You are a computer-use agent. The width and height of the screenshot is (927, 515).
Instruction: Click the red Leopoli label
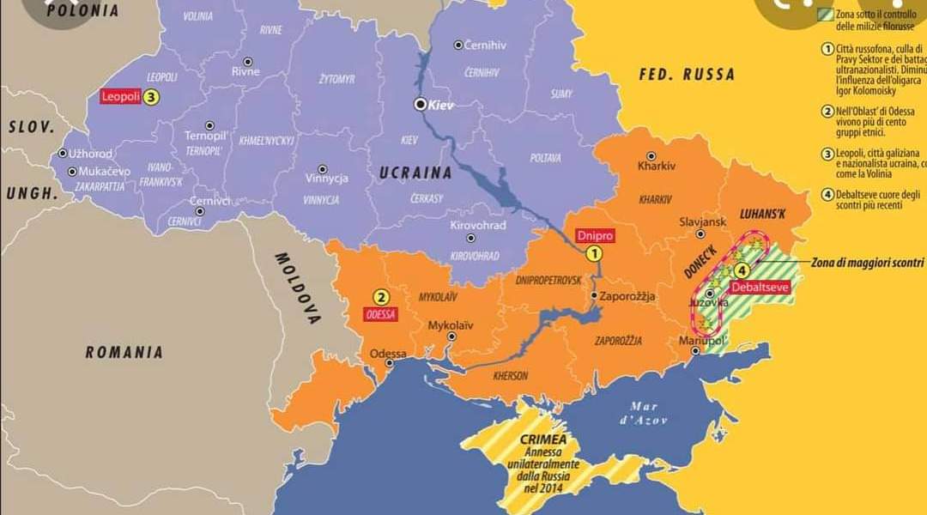pyautogui.click(x=120, y=97)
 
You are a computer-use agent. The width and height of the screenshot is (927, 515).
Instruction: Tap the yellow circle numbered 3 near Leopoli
pyautogui.click(x=151, y=97)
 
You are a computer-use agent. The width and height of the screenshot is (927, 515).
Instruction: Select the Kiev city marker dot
pyautogui.click(x=421, y=104)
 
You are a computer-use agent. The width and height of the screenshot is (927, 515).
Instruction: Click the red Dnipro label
pyautogui.click(x=595, y=235)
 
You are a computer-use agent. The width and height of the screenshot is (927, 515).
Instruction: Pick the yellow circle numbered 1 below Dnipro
pyautogui.click(x=594, y=253)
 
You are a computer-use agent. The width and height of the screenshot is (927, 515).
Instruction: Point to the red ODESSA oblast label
pyautogui.click(x=380, y=314)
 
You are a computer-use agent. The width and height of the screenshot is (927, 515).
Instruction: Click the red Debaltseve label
pyautogui.click(x=760, y=288)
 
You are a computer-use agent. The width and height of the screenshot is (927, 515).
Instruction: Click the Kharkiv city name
pyautogui.click(x=657, y=166)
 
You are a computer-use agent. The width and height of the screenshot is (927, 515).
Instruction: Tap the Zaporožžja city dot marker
pyautogui.click(x=594, y=296)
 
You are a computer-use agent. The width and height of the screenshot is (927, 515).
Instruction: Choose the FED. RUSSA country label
pyautogui.click(x=687, y=75)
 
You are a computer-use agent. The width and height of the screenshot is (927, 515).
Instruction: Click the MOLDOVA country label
pyautogui.click(x=296, y=288)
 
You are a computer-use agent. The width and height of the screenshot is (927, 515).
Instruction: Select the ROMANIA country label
pyautogui.click(x=124, y=352)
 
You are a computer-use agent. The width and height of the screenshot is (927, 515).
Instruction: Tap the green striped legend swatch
pyautogui.click(x=826, y=14)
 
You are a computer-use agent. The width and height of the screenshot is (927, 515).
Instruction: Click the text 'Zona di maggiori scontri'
pyautogui.click(x=867, y=263)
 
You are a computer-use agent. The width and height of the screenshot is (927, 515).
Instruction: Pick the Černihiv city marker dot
pyautogui.click(x=458, y=45)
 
